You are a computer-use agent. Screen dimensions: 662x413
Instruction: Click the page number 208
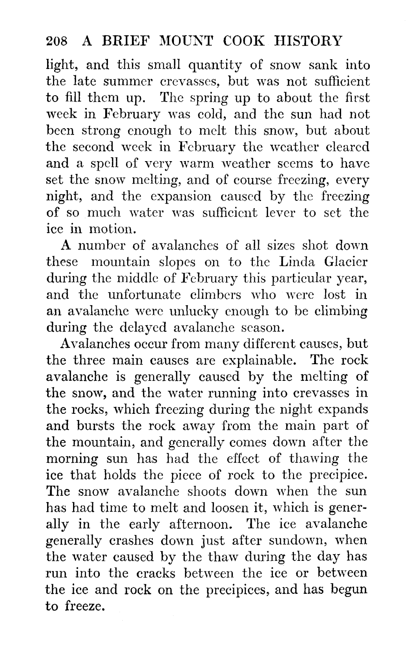(x=57, y=41)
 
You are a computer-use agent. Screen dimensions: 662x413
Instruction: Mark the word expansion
(x=185, y=197)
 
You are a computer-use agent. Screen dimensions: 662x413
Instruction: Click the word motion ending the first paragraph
(x=110, y=229)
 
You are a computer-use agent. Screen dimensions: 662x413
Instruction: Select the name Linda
(x=295, y=262)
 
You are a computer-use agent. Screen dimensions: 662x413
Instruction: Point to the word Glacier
(x=346, y=262)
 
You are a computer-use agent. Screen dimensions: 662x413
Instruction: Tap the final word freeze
(x=84, y=606)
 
